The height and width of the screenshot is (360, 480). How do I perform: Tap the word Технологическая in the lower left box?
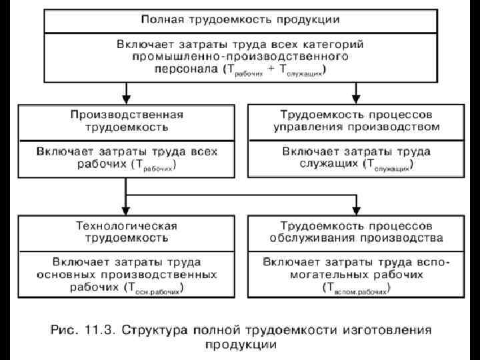126,225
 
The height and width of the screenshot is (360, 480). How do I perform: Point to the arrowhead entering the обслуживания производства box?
355,207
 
